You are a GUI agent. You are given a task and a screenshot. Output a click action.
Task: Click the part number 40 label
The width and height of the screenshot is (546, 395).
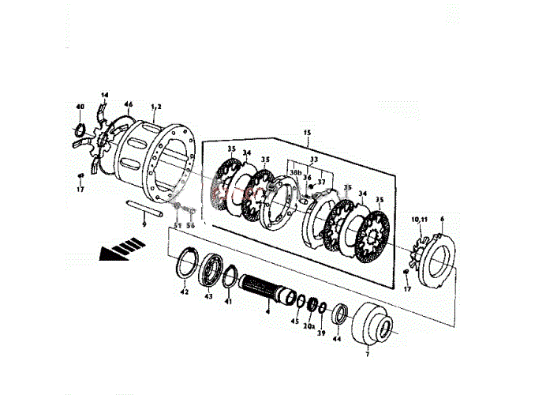pos(80,107)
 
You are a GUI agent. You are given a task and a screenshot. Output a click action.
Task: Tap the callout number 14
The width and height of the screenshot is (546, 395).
pos(105,95)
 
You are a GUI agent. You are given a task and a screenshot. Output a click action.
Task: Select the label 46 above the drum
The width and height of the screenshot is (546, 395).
pos(129,104)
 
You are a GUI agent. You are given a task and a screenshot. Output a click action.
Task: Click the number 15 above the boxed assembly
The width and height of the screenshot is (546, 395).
pos(307,133)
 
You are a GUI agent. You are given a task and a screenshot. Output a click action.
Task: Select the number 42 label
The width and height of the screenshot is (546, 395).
pos(184,292)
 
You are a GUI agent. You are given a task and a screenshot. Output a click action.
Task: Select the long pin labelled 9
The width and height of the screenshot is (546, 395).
pos(145,211)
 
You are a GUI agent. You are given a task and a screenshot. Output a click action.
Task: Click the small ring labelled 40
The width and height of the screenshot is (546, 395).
pos(80,130)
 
